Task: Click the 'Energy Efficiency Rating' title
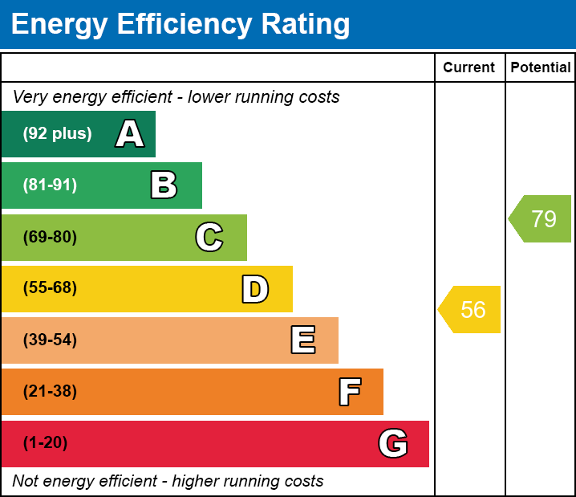click(x=181, y=24)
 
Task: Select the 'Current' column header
click(x=469, y=68)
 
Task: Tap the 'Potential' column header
click(x=541, y=68)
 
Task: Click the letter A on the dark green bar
click(x=130, y=134)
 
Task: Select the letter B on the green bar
click(x=164, y=185)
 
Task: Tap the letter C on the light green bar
click(x=209, y=237)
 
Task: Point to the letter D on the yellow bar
click(x=255, y=289)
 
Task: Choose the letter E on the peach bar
click(x=302, y=340)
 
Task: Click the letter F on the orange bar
click(x=349, y=392)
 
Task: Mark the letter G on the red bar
click(x=393, y=443)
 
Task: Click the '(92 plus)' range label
click(x=57, y=134)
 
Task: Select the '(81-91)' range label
click(x=50, y=185)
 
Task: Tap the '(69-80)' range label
click(x=50, y=237)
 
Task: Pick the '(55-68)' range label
click(x=50, y=288)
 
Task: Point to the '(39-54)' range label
click(x=50, y=340)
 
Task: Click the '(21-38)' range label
click(x=50, y=392)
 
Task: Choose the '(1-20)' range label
click(x=46, y=443)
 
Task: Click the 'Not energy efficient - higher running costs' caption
click(x=168, y=481)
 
